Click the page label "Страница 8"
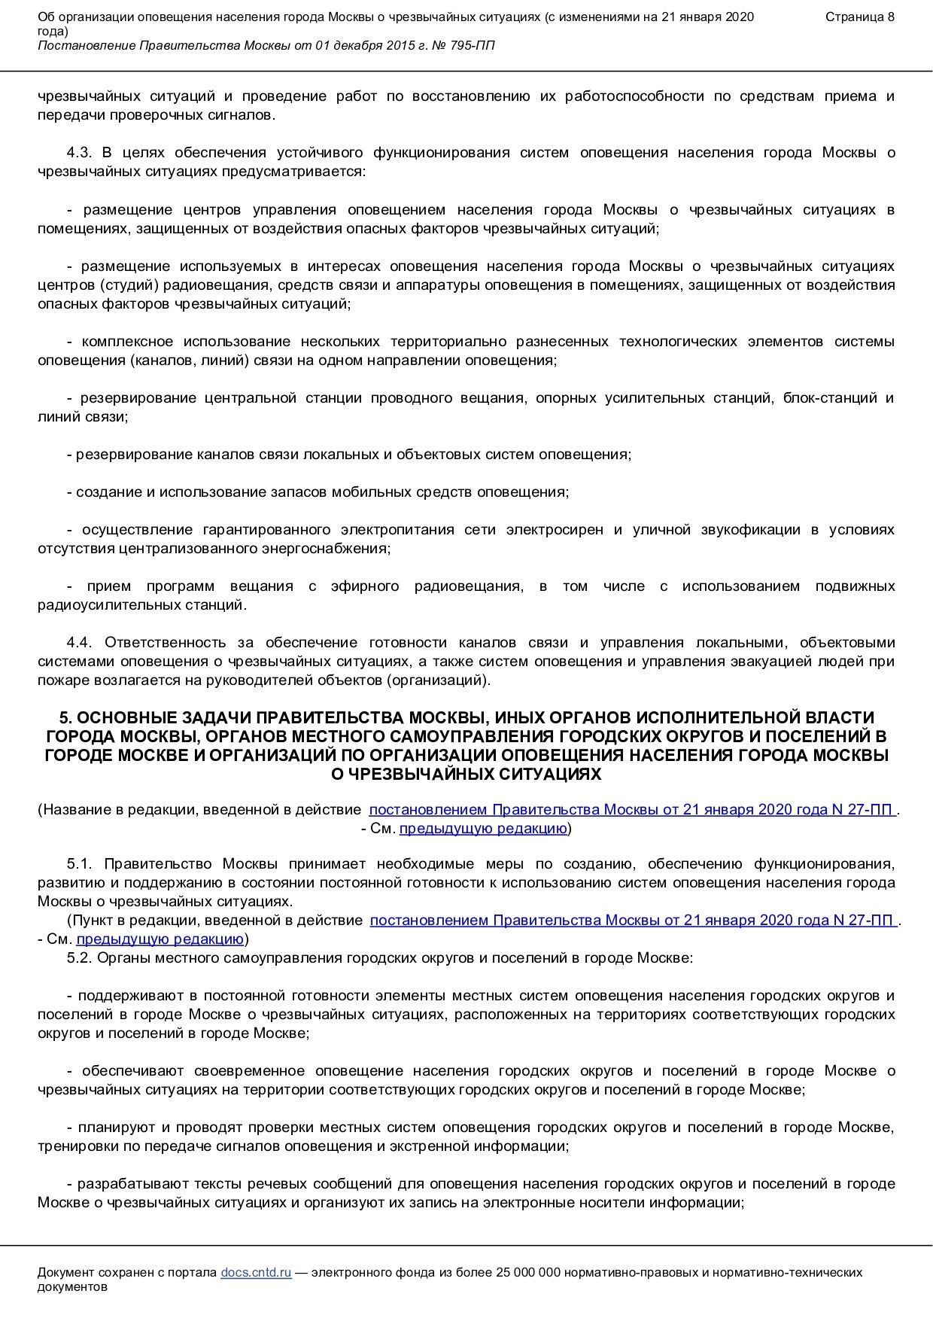pyautogui.click(x=859, y=17)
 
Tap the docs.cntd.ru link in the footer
pyautogui.click(x=256, y=1272)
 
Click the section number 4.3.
pyautogui.click(x=79, y=153)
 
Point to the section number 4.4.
pyautogui.click(x=79, y=643)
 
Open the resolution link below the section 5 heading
pyautogui.click(x=632, y=810)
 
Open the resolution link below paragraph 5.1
pyautogui.click(x=633, y=920)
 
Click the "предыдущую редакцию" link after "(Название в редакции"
pyautogui.click(x=483, y=829)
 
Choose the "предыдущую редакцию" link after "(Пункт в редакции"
pyautogui.click(x=160, y=939)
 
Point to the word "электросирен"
pyautogui.click(x=555, y=530)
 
